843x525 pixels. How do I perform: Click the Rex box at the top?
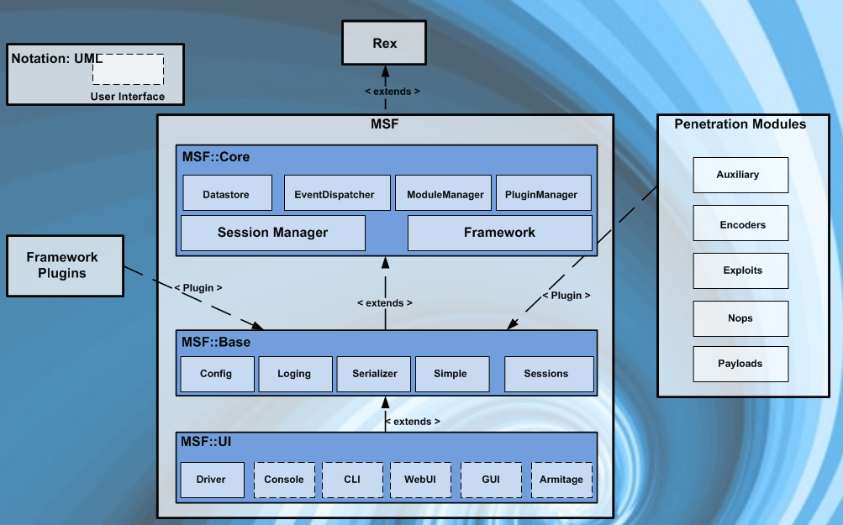[384, 43]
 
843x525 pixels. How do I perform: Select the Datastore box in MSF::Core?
[227, 193]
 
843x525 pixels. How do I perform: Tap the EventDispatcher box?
[335, 193]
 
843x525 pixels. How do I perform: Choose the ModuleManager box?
[445, 193]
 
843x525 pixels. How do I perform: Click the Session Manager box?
[272, 233]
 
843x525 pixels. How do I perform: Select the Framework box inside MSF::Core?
[499, 233]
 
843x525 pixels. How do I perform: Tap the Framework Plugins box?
[63, 265]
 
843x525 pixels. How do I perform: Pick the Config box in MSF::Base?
[216, 374]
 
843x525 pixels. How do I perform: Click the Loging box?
[294, 374]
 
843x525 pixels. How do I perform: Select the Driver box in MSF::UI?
[211, 480]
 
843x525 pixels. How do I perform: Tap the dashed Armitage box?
[561, 480]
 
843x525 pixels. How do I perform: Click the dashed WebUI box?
[420, 480]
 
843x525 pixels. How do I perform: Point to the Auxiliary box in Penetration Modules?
[740, 175]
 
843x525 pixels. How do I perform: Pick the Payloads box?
[740, 364]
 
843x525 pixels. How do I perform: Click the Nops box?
[740, 318]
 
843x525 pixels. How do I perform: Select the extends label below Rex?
[392, 91]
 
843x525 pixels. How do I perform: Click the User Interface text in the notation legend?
[128, 97]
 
